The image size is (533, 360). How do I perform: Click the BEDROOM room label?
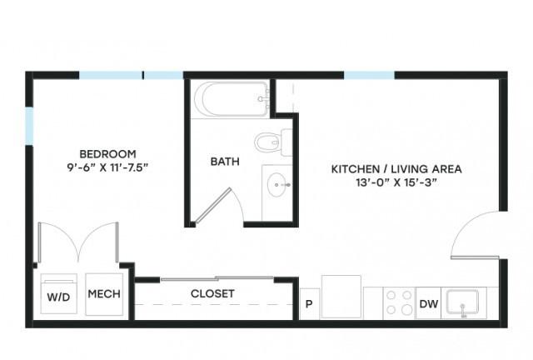(107, 154)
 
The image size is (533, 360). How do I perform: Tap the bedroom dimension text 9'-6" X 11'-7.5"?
(107, 167)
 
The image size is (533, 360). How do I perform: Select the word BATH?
(225, 162)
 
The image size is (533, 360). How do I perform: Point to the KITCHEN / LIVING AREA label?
(396, 169)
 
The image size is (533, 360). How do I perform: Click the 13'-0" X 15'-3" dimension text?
(396, 182)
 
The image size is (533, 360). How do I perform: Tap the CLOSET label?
(212, 293)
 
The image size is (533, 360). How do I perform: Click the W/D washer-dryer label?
(58, 297)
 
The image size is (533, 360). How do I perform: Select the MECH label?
(104, 294)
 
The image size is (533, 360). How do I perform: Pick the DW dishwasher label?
(429, 304)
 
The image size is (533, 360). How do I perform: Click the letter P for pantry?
(309, 304)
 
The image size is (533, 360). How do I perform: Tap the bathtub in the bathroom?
(232, 99)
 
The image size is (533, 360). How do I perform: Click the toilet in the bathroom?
(273, 142)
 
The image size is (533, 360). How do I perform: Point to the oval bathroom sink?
(276, 185)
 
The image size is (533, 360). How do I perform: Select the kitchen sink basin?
(462, 302)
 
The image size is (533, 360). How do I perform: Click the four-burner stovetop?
(399, 302)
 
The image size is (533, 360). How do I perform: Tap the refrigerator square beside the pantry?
(341, 297)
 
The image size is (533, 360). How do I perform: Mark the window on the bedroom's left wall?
(30, 126)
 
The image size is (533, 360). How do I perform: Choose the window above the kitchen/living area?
(369, 75)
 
